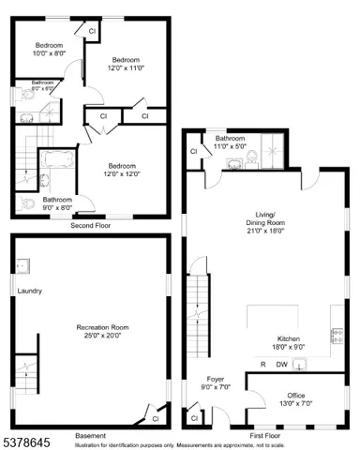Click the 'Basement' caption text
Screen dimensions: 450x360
(90, 436)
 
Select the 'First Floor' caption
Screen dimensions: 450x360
(265, 436)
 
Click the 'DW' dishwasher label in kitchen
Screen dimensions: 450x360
(280, 365)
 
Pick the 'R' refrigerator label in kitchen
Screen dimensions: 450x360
(262, 365)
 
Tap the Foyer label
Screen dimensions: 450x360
(216, 382)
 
